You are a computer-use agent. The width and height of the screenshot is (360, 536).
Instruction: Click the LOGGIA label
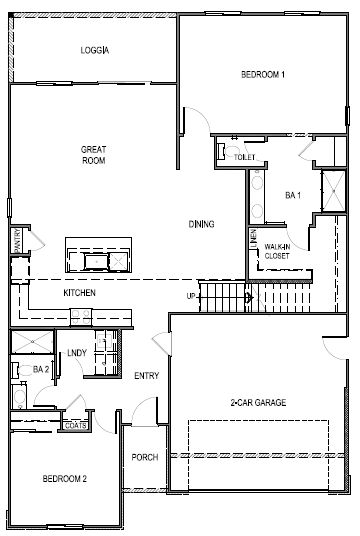pyautogui.click(x=94, y=49)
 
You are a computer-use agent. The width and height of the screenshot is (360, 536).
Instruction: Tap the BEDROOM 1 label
pyautogui.click(x=264, y=75)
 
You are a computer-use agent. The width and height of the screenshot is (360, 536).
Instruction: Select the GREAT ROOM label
pyautogui.click(x=94, y=155)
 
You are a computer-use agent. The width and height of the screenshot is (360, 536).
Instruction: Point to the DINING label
pyautogui.click(x=202, y=223)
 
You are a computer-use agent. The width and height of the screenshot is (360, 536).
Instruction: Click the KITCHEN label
pyautogui.click(x=79, y=293)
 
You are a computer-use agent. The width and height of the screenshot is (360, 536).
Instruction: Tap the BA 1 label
pyautogui.click(x=293, y=194)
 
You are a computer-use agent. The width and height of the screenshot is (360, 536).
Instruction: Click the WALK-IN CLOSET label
pyautogui.click(x=277, y=252)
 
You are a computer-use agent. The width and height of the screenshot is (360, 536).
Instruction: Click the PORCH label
pyautogui.click(x=145, y=457)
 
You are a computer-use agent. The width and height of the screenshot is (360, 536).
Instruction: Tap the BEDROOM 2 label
pyautogui.click(x=64, y=480)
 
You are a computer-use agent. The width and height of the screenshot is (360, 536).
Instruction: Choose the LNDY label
pyautogui.click(x=76, y=353)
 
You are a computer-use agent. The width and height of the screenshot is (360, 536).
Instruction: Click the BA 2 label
pyautogui.click(x=41, y=369)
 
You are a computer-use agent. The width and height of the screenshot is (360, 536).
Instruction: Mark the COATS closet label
pyautogui.click(x=76, y=425)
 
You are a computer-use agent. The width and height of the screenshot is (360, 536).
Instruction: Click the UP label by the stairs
pyautogui.click(x=191, y=296)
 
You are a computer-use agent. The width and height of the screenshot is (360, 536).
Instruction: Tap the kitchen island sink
pyautogui.click(x=98, y=261)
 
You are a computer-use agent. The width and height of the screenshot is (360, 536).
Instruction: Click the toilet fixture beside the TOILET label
pyautogui.click(x=220, y=152)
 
